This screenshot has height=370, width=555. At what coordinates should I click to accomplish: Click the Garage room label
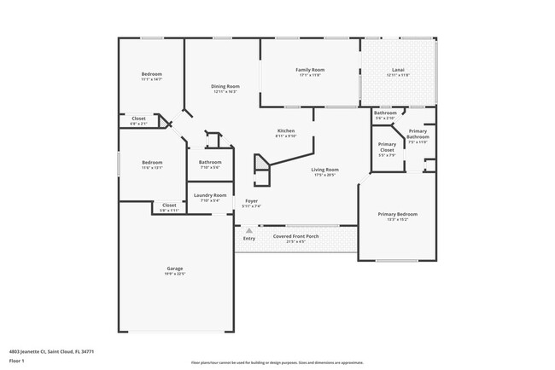pos(174,268)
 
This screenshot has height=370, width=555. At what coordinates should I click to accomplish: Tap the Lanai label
pos(398,69)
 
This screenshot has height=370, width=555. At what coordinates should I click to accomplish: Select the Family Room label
pos(310,69)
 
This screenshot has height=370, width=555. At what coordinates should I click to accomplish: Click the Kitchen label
pos(286,130)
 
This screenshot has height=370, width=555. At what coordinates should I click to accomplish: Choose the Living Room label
pos(324,169)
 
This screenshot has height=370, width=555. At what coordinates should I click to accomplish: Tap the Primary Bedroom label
pos(398,214)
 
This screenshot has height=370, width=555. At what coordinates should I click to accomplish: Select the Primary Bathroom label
pos(418,134)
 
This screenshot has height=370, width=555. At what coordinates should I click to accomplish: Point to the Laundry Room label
pos(209,195)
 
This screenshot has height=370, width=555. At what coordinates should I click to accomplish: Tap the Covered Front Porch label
pos(295,236)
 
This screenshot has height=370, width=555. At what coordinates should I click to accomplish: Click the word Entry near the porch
pos(248,239)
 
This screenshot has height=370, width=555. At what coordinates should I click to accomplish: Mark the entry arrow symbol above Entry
pos(248,230)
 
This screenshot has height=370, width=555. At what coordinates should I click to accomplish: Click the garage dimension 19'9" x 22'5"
pos(174,274)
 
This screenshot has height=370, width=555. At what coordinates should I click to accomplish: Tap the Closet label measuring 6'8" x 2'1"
pos(138,119)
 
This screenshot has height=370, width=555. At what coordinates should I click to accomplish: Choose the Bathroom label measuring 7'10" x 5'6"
pos(210,162)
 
